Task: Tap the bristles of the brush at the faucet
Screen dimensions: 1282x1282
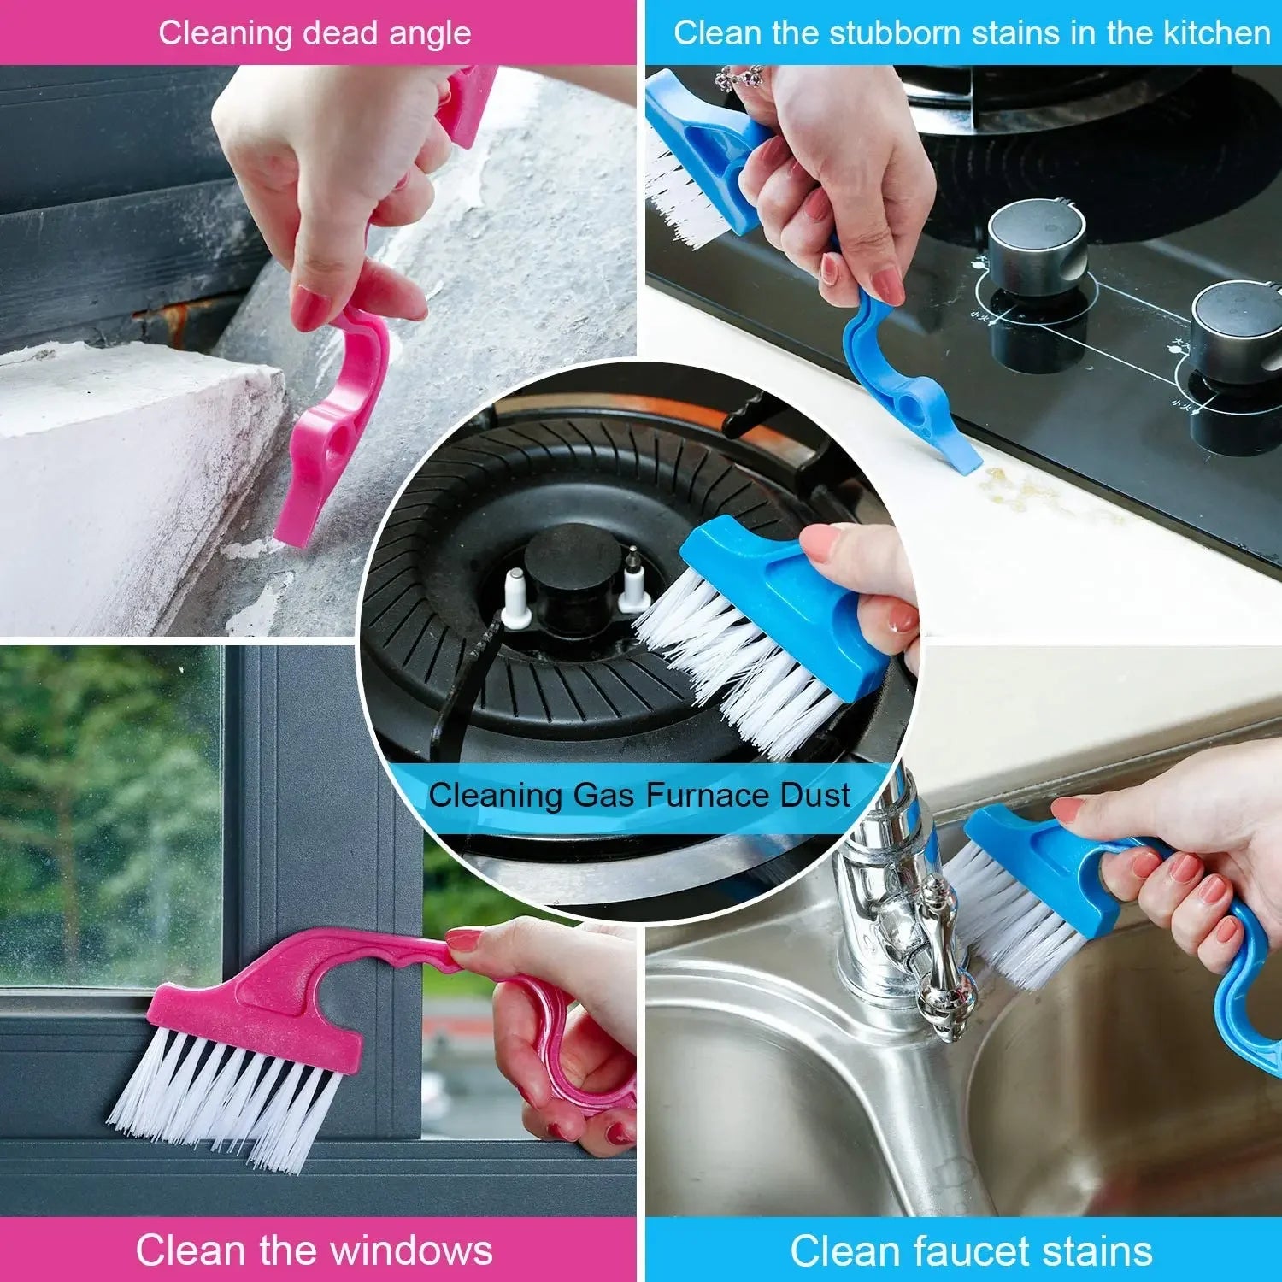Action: tap(1013, 914)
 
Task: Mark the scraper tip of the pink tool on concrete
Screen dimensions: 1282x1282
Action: tap(295, 530)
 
